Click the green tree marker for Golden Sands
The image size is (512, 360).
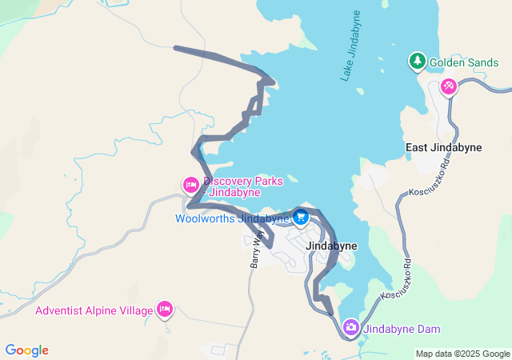[x=417, y=61]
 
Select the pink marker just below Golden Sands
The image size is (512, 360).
[x=449, y=85]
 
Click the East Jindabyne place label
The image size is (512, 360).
[x=443, y=147]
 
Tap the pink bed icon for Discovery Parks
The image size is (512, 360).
[x=190, y=186]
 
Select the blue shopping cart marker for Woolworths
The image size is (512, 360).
[x=302, y=216]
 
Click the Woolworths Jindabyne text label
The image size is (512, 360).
[x=232, y=218]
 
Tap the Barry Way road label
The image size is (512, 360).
[x=256, y=248]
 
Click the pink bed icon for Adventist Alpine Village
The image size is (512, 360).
[x=165, y=309]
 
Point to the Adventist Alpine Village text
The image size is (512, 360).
[x=93, y=310]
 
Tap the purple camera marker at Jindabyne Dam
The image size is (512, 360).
[x=350, y=327]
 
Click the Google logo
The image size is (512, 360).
[x=26, y=350]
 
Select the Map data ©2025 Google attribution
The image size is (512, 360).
[x=462, y=354]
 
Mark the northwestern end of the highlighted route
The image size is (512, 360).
[x=175, y=48]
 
